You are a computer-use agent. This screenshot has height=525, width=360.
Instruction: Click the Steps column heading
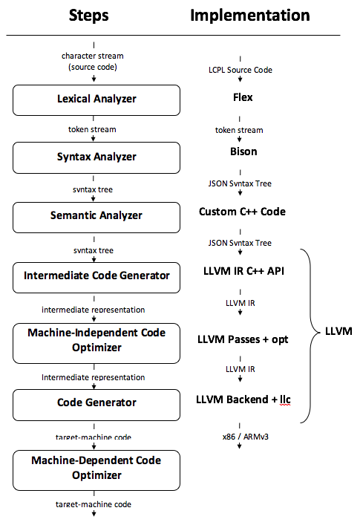(88, 16)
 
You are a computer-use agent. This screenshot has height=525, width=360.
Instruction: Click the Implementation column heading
(250, 16)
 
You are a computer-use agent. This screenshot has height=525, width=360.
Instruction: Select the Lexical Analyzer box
(96, 100)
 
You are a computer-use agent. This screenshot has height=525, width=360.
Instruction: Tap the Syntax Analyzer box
(96, 157)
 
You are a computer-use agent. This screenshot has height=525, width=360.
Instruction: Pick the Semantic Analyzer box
(96, 218)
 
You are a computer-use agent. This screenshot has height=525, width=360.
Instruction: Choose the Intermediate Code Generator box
(96, 278)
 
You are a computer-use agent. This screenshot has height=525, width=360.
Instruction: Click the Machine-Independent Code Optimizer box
(96, 343)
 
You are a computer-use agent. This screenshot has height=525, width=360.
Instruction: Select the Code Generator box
(96, 405)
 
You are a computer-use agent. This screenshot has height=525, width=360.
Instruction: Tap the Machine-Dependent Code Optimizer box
(96, 470)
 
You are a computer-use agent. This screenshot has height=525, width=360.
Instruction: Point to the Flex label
(243, 97)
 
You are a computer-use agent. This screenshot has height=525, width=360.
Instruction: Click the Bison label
(243, 151)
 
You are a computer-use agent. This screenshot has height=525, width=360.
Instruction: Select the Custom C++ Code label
(242, 212)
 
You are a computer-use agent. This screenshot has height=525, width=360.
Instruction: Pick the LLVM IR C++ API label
(243, 271)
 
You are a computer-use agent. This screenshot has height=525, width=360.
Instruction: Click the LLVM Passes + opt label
(243, 339)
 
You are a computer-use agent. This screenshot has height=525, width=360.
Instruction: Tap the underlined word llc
(285, 400)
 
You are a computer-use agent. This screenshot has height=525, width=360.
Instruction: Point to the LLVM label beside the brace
(338, 331)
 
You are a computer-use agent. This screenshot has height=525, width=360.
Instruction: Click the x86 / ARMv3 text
(245, 437)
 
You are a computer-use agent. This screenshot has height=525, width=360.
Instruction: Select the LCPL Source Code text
(240, 70)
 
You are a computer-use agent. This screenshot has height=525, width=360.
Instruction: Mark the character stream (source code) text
(93, 62)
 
